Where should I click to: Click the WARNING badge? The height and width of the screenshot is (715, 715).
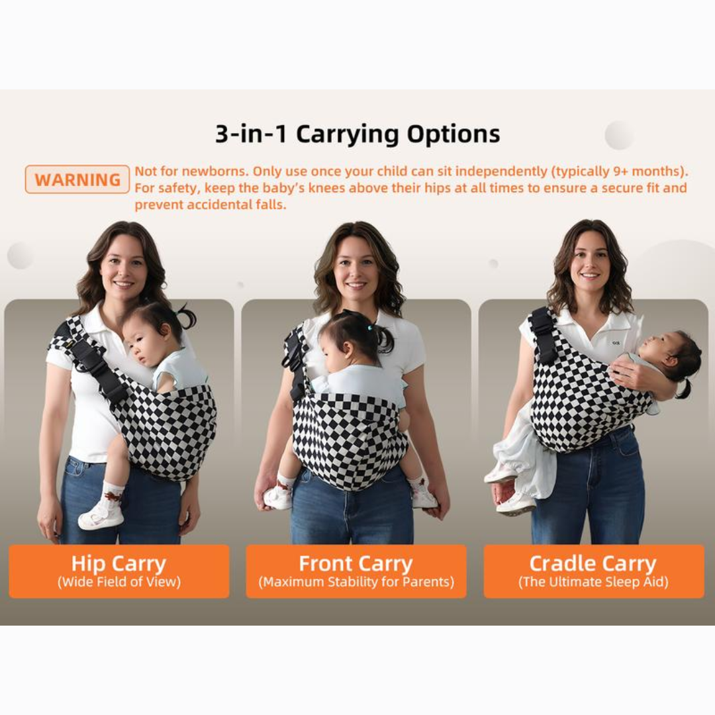point(77,179)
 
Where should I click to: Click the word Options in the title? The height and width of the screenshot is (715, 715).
point(453,134)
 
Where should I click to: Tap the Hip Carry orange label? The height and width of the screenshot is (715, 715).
point(119,571)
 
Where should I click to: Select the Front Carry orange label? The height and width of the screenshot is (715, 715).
point(356,571)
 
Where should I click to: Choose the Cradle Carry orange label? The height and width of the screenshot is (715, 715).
point(594,571)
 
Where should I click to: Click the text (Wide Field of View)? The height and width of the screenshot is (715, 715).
point(119,582)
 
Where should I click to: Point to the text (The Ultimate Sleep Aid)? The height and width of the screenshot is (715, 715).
point(593,582)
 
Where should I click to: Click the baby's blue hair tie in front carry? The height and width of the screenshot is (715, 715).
point(371,327)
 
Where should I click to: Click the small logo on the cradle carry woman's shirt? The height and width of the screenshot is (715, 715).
point(616,342)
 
